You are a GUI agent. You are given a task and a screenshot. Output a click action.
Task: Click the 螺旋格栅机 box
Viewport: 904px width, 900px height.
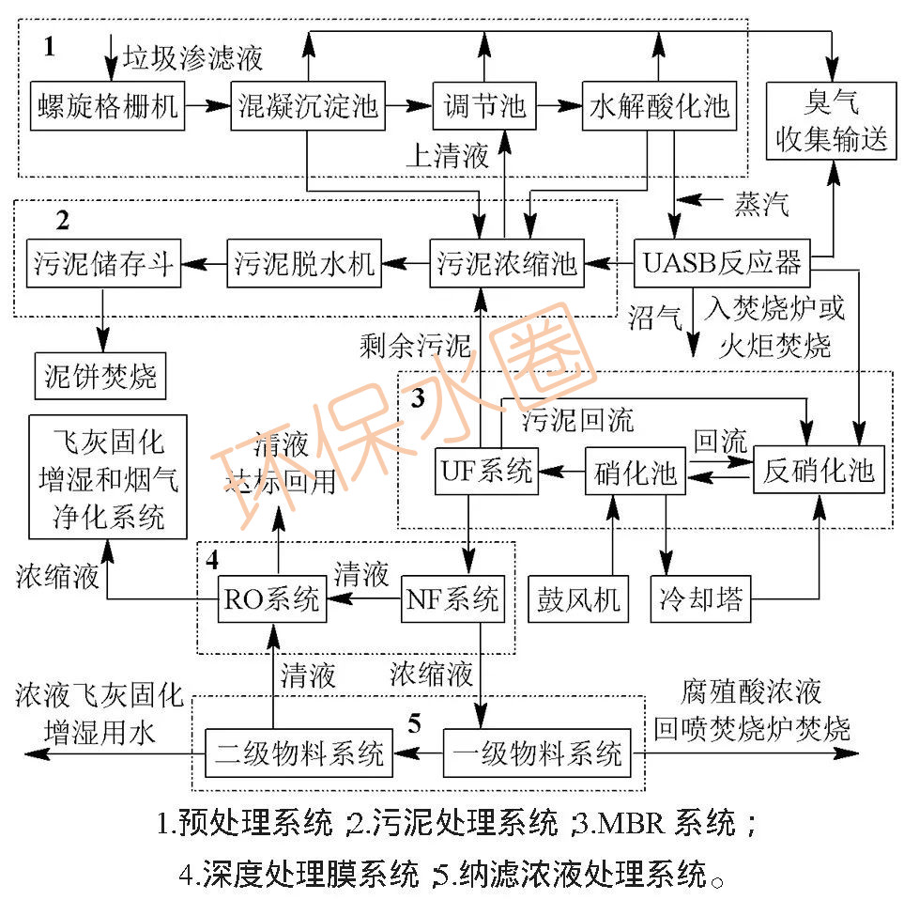click(107, 106)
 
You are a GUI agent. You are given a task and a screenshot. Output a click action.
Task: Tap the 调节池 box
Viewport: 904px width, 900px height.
click(483, 106)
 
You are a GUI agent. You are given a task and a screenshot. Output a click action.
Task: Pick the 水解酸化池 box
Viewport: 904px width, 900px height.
click(659, 106)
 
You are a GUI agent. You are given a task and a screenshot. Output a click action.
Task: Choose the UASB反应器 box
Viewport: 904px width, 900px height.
click(723, 263)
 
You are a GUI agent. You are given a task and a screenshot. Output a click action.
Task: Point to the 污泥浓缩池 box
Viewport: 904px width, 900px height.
click(506, 263)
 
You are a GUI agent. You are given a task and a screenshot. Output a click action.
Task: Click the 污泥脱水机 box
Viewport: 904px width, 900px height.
click(302, 263)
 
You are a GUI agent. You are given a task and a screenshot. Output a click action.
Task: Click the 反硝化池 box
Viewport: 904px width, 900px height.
click(819, 471)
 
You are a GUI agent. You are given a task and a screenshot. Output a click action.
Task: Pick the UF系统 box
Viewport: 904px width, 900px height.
click(486, 471)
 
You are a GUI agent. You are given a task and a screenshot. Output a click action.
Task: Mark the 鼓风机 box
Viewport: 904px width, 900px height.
click(578, 598)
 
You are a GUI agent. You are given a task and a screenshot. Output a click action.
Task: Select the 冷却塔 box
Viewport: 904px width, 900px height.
click(698, 598)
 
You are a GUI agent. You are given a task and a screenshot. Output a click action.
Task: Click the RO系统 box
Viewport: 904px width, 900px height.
click(271, 598)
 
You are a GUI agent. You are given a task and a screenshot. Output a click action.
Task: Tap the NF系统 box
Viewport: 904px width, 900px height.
click(454, 598)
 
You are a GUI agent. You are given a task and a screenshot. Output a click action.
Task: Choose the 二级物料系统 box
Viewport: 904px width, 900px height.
click(299, 753)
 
